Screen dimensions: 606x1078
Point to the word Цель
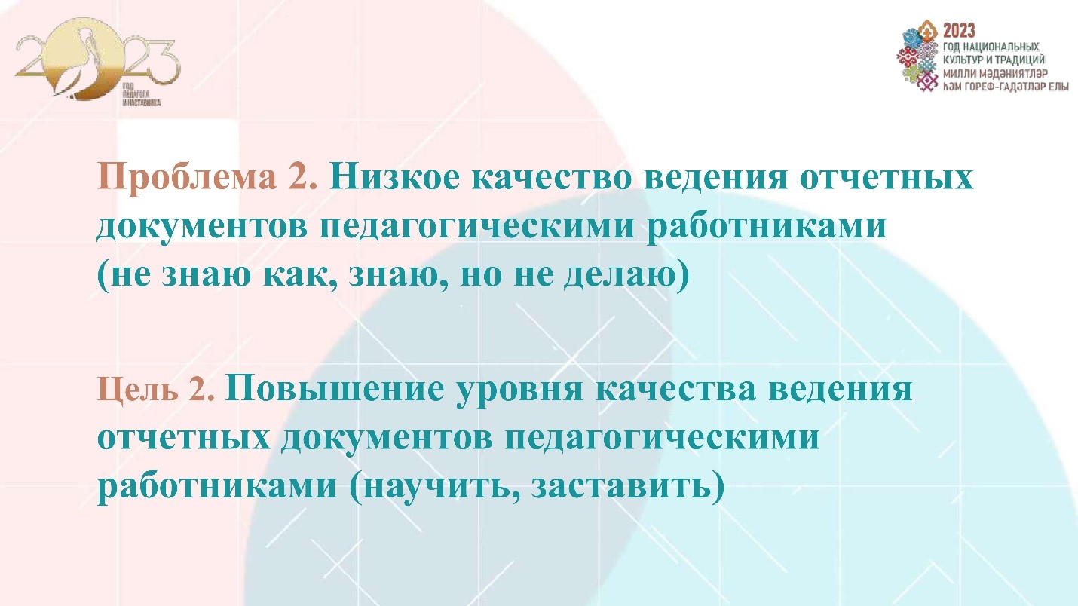point(130,391)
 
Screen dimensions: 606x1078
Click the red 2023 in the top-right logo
point(958,30)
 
